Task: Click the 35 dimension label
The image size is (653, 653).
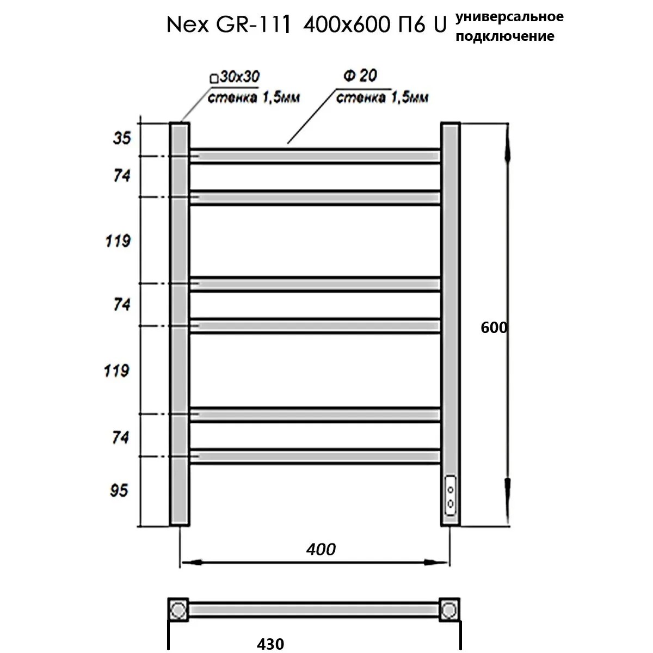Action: pos(122,138)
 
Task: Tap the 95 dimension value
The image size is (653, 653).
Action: pos(119,491)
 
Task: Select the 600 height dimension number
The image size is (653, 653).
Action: pos(494,328)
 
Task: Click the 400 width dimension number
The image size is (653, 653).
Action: pos(321,549)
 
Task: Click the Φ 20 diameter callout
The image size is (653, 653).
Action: pos(360,75)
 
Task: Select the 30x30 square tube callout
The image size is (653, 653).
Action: pos(235,77)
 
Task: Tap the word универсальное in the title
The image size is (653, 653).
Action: pos(509,17)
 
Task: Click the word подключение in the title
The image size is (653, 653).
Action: pos(505,36)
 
